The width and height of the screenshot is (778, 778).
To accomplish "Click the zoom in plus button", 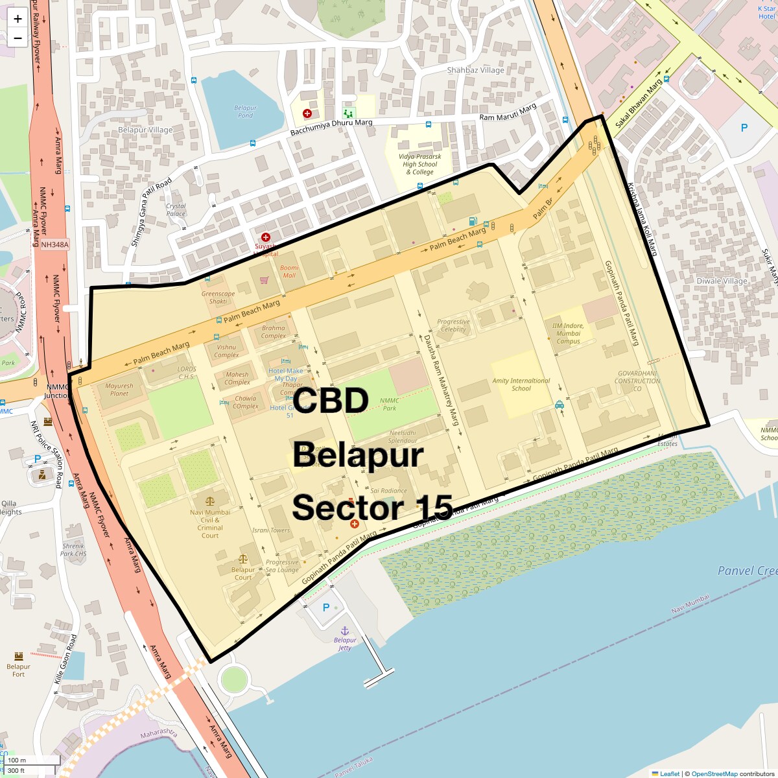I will coord(18,19).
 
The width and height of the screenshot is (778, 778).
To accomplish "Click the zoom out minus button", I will coord(18,38).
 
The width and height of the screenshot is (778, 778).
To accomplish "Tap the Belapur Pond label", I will coord(245,112).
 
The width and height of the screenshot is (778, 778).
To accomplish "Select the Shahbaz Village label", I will coord(475,70).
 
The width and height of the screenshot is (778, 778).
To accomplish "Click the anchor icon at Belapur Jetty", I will coord(345,631).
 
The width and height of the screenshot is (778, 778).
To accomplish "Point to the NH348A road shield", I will coord(54,245).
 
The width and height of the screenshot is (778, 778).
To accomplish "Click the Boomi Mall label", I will coord(289,271).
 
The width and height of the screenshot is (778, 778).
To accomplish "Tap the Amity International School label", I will coord(521,384).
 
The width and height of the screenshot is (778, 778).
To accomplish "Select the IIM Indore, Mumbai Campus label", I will coord(568,333).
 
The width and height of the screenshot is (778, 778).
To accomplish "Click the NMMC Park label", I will coord(389,404).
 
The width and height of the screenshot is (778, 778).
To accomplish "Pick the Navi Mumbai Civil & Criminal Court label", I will coord(210,523).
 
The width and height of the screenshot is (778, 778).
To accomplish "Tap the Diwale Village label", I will coord(722,281).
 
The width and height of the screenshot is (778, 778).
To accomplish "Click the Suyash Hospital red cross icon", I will coord(265,237).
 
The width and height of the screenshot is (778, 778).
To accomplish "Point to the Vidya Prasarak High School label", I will coord(419,164).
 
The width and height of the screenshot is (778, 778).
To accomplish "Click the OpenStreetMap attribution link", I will coord(714,773).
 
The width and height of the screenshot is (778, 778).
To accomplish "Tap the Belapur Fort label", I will coord(18,670).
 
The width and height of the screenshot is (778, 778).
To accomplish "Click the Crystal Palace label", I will coord(176,209).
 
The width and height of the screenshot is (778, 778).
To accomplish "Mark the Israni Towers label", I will coord(271,530).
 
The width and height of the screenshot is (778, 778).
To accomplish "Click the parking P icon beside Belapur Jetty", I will coord(326,607).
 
